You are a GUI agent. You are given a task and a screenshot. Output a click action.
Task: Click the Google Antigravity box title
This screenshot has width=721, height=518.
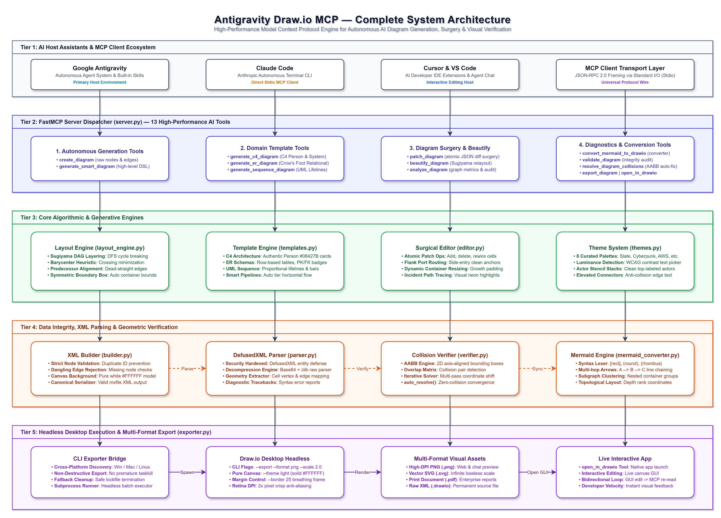[99, 68]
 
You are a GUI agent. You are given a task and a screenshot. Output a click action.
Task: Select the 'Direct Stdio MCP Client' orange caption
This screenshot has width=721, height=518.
[275, 82]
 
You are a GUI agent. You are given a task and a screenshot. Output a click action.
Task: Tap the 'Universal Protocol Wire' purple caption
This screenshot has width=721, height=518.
[625, 82]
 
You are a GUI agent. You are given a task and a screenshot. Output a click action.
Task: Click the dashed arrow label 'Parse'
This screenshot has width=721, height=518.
[187, 369]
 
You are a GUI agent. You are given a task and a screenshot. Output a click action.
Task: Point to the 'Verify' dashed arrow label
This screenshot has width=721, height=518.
[362, 369]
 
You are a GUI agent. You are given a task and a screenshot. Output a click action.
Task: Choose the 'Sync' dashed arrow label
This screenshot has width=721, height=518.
[538, 369]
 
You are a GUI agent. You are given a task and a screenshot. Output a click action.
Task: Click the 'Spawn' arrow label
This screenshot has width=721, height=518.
[187, 472]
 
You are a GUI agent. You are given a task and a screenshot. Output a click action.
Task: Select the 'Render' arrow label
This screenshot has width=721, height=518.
[362, 472]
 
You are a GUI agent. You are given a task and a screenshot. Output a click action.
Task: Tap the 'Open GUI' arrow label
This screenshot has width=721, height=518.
[538, 472]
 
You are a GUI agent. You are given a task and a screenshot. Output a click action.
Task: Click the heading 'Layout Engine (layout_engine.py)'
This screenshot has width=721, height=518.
[99, 248]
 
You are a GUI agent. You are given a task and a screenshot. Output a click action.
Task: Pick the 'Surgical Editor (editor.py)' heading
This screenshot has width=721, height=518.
[450, 248]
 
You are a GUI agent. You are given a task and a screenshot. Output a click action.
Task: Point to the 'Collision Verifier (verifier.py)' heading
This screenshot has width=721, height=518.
[450, 355]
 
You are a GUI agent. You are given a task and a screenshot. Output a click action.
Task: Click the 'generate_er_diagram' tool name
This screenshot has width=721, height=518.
[254, 163]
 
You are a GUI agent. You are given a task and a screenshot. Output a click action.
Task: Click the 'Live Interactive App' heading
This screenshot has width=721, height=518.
[625, 458]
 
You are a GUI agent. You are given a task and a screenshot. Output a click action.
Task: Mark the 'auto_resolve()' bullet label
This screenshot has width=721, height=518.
[420, 382]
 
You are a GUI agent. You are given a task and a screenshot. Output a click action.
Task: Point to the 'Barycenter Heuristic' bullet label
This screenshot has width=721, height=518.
[73, 262]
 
